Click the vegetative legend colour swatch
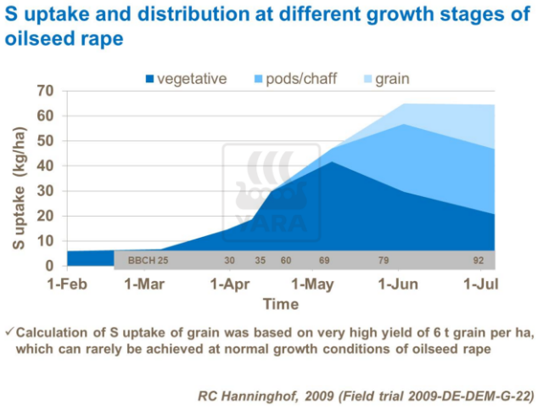(151, 79)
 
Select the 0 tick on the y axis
(49, 266)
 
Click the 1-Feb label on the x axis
(67, 284)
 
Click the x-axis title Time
(280, 303)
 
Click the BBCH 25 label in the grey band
(148, 260)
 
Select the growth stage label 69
(323, 260)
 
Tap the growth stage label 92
(479, 260)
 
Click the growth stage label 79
(384, 260)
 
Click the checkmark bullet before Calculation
(8, 331)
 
